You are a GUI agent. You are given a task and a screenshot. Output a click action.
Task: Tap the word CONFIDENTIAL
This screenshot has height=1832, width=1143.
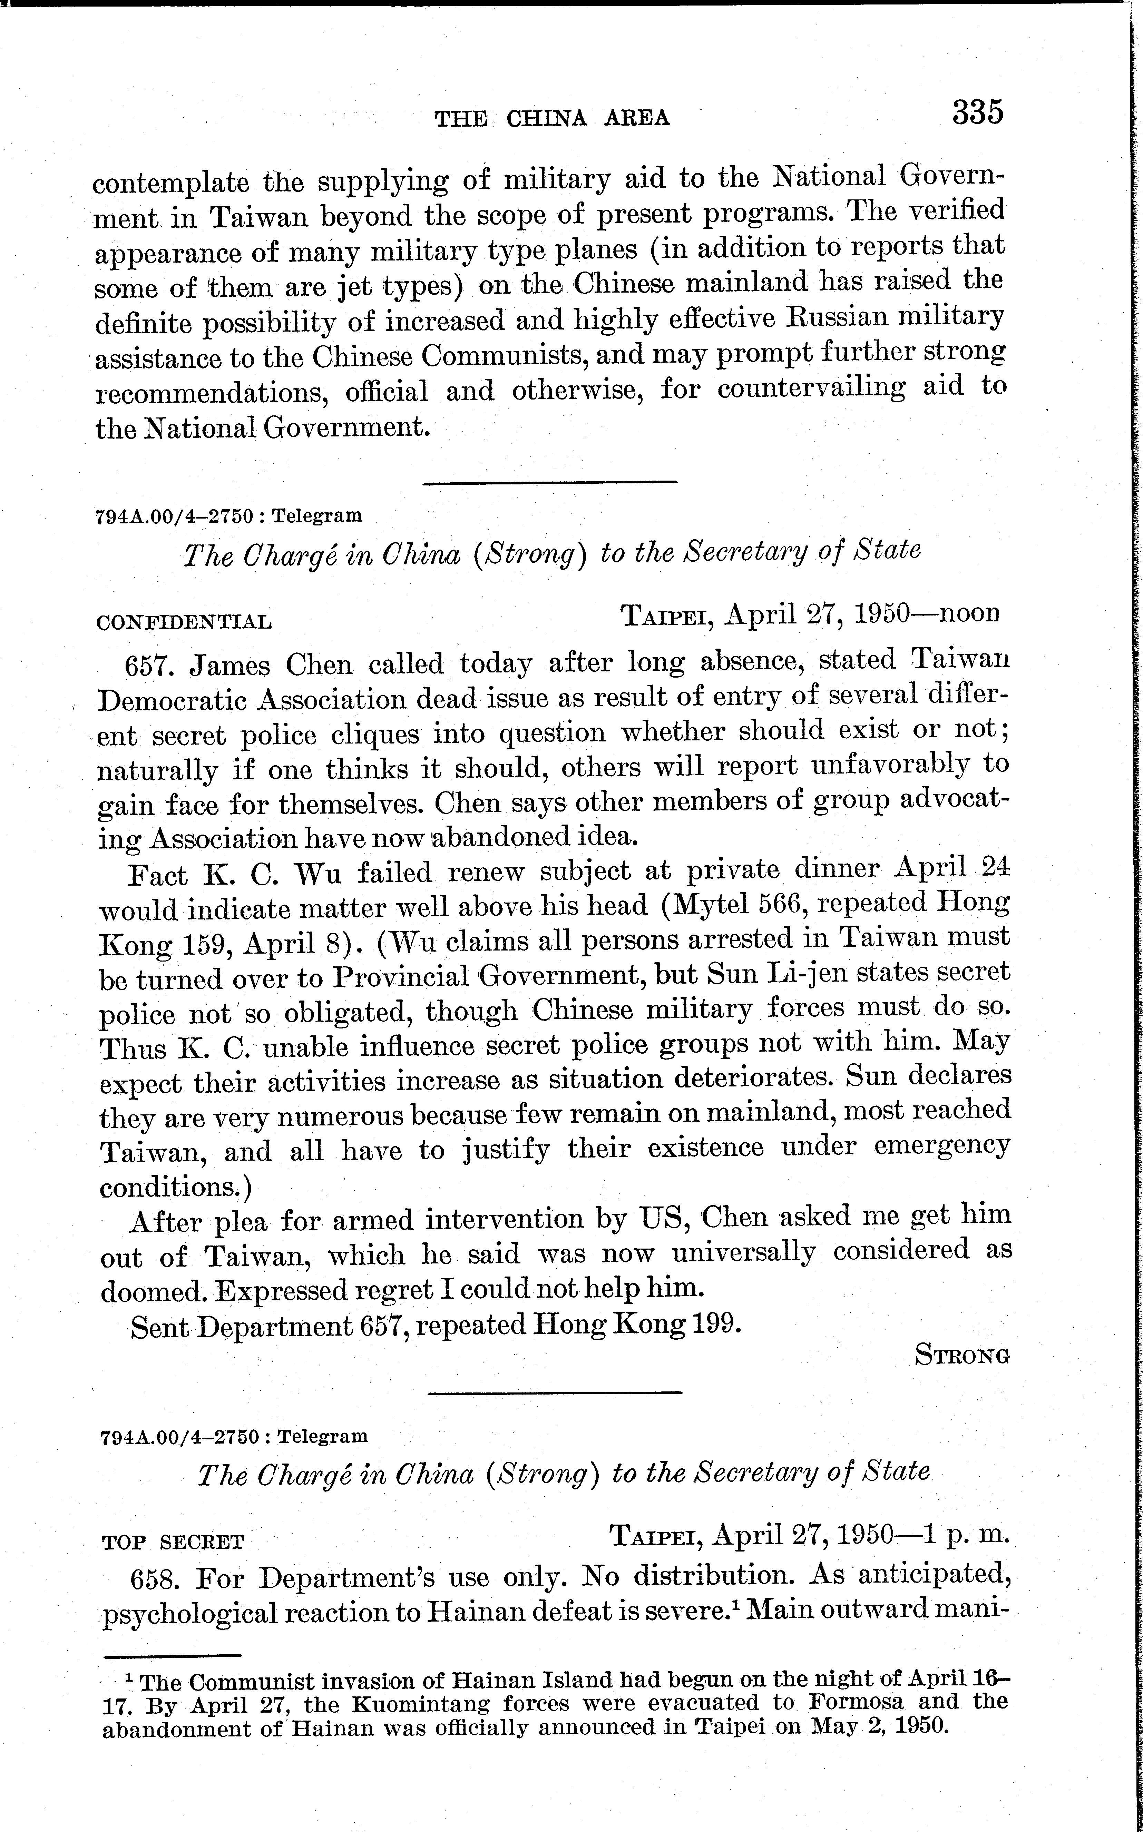click(184, 623)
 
